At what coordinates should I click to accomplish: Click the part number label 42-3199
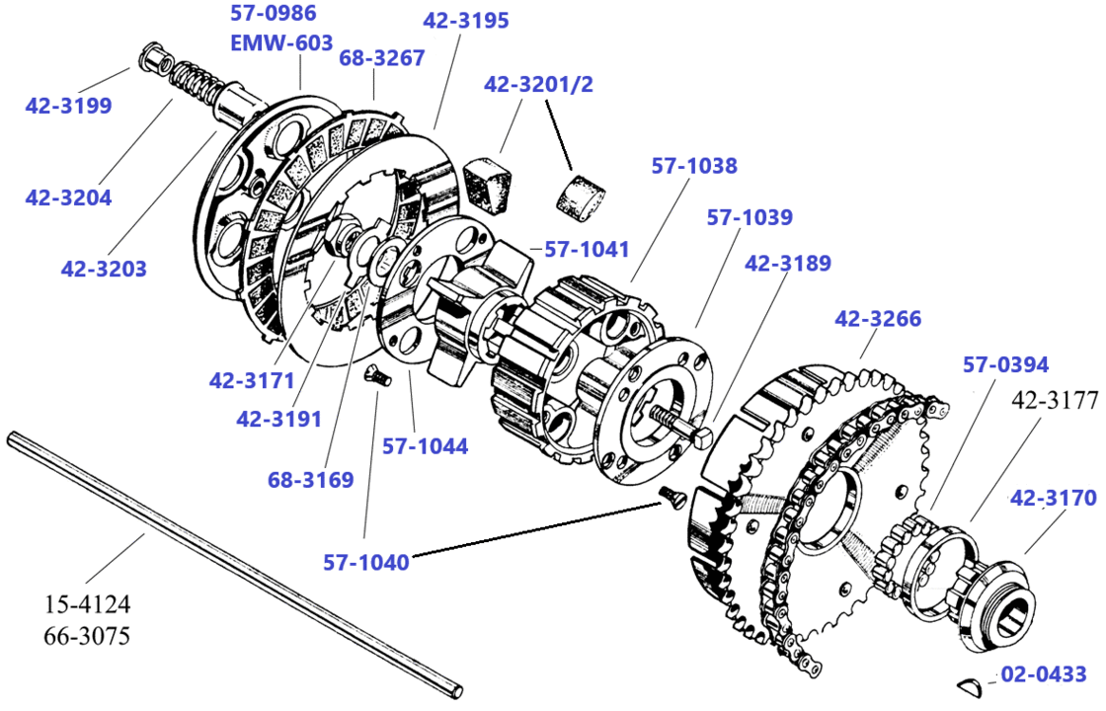[x=68, y=106]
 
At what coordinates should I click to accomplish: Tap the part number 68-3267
[x=382, y=58]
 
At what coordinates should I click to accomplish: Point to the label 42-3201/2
[x=538, y=85]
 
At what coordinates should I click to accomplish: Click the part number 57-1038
[x=693, y=166]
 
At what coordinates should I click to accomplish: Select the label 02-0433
[x=1043, y=675]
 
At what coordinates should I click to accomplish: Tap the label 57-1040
[x=365, y=562]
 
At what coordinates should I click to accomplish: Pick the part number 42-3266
[x=878, y=319]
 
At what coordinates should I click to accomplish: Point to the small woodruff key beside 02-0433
[x=972, y=681]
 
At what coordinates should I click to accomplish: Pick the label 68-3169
[x=310, y=481]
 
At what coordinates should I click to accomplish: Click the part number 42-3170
[x=1053, y=499]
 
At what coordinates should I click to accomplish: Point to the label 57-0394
[x=1005, y=365]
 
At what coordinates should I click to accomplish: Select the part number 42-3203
[x=104, y=268]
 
